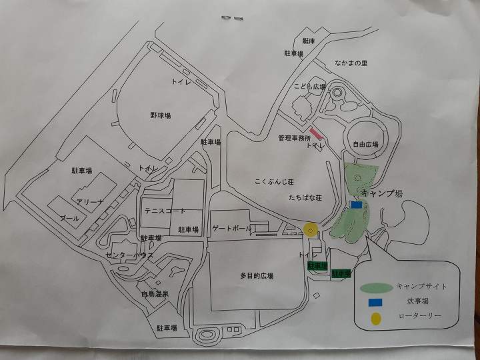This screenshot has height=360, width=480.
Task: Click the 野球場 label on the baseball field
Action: (160, 115)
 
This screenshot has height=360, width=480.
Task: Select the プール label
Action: (69, 218)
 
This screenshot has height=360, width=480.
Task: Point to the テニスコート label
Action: (165, 211)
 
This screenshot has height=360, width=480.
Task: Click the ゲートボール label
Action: (232, 228)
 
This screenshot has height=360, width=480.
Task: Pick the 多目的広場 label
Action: (257, 275)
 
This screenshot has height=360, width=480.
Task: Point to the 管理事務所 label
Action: (295, 138)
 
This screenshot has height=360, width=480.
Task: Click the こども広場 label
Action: (309, 87)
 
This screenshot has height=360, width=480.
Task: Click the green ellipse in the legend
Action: (376, 287)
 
